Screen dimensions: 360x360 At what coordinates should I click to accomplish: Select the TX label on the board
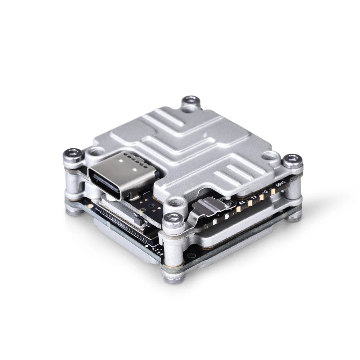[x=254, y=198]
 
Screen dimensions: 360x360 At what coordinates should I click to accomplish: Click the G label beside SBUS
[x=266, y=193]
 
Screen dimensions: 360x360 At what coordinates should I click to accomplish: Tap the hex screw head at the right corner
[x=292, y=159]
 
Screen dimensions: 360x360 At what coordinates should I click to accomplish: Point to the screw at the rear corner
[x=191, y=101]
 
